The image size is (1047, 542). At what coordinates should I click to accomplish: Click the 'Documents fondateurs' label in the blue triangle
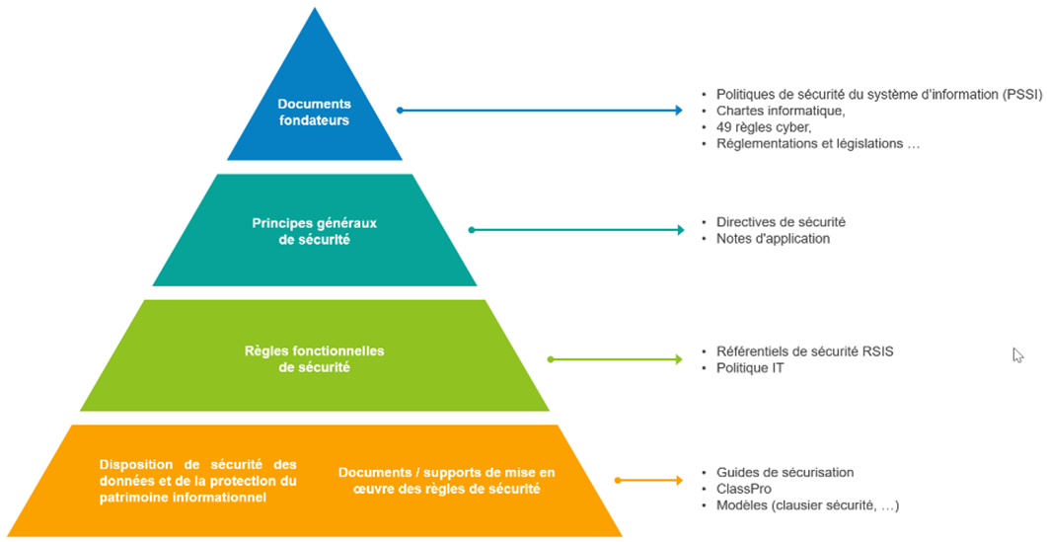314,112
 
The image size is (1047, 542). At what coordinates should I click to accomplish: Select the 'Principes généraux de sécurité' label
314,230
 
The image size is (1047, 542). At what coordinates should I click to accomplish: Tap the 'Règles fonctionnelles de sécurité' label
314,358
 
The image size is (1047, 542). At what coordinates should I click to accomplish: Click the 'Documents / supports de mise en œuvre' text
446,481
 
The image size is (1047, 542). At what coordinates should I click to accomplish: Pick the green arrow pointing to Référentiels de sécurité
615,359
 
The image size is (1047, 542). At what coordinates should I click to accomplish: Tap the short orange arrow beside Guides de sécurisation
649,481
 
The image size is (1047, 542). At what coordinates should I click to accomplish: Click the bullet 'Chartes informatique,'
781,111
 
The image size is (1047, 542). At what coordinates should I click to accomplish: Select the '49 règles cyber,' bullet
763,127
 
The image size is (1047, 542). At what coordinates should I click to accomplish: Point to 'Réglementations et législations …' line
817,143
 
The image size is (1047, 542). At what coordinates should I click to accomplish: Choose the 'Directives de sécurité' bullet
781,222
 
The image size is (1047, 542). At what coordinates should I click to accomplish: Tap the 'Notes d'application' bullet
773,238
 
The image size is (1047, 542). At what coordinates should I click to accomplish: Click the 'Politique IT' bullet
751,368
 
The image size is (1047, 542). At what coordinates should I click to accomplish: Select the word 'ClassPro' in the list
743,489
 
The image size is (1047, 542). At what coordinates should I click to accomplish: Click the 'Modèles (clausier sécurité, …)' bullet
807,505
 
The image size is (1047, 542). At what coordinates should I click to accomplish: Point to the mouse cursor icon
1017,355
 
